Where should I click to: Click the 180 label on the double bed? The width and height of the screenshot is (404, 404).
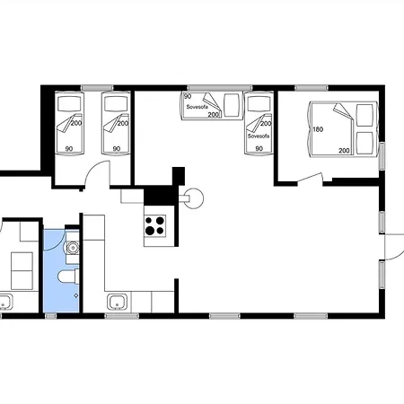pyautogui.click(x=318, y=129)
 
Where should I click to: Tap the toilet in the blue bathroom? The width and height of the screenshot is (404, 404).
pyautogui.click(x=68, y=277)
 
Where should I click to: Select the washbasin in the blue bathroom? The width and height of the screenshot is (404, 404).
pyautogui.click(x=73, y=248)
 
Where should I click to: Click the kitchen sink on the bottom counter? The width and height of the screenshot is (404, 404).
pyautogui.click(x=117, y=302)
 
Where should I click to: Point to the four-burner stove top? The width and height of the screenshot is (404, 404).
pyautogui.click(x=155, y=225)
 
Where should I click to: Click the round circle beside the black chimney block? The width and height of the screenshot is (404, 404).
pyautogui.click(x=194, y=198)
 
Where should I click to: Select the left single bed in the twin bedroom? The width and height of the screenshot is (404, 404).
pyautogui.click(x=69, y=123)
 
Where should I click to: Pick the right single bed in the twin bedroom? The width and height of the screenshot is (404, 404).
pyautogui.click(x=116, y=123)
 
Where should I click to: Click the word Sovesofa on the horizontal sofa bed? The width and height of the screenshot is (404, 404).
pyautogui.click(x=197, y=107)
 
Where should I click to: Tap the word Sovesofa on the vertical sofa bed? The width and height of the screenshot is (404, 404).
pyautogui.click(x=259, y=136)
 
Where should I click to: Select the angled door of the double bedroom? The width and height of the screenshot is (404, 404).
pyautogui.click(x=310, y=177)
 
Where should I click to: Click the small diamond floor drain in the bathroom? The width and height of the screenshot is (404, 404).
pyautogui.click(x=76, y=295)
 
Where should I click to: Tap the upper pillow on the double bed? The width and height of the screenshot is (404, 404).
pyautogui.click(x=364, y=115)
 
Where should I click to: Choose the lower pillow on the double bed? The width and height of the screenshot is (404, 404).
pyautogui.click(x=364, y=143)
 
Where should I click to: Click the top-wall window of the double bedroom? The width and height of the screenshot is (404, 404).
pyautogui.click(x=312, y=88)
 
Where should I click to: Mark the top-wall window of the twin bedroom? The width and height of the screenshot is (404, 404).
pyautogui.click(x=97, y=88)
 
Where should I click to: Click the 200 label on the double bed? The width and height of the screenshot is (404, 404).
pyautogui.click(x=344, y=151)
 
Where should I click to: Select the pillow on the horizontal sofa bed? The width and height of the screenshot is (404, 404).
pyautogui.click(x=232, y=105)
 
